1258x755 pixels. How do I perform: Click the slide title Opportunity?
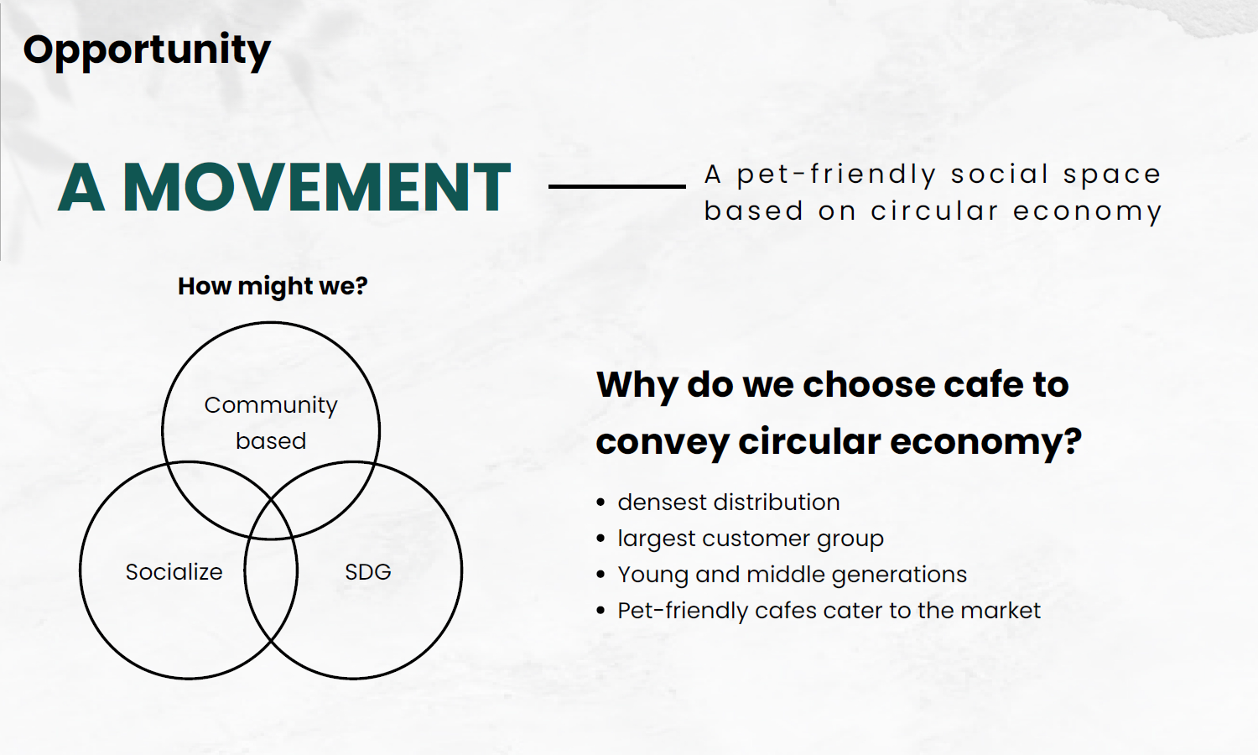(x=147, y=51)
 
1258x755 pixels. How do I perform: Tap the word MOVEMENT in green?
(x=317, y=187)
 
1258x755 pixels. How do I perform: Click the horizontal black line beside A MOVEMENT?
(x=616, y=186)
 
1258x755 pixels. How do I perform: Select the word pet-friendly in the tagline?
(x=836, y=174)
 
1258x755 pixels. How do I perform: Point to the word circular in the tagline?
(x=934, y=211)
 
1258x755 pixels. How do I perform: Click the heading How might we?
(x=273, y=286)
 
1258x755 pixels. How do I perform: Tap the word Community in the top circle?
(x=271, y=405)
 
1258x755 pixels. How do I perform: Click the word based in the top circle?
(x=271, y=441)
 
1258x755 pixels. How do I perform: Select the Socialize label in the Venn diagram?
(x=174, y=572)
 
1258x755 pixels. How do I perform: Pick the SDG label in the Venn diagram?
(x=368, y=572)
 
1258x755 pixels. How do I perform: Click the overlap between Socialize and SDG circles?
(x=271, y=570)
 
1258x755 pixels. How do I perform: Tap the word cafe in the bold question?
(x=982, y=385)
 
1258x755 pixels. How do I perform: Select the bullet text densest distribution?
(x=729, y=502)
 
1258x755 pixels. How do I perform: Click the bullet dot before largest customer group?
(x=601, y=539)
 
